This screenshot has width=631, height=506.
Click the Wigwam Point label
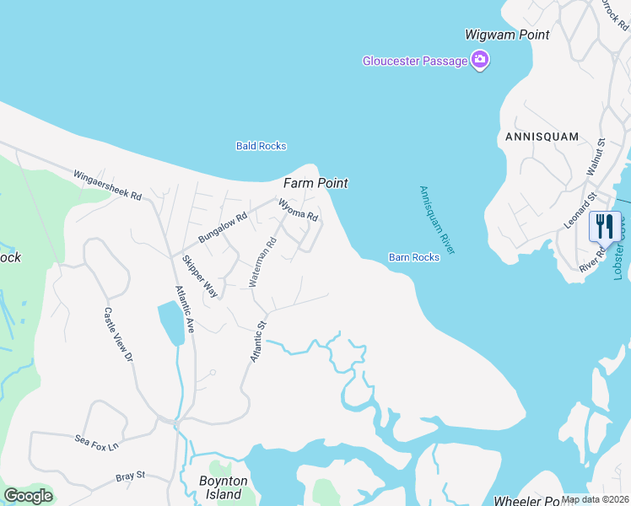coord(507,35)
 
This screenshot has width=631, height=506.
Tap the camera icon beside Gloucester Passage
coord(480,60)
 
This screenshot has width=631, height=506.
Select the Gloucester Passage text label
coord(416,61)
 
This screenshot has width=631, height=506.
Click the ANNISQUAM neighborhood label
coord(542,136)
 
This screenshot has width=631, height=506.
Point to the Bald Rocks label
coord(261,146)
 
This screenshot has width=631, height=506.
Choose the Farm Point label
coord(315,183)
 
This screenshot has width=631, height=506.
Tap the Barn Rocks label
coord(414,257)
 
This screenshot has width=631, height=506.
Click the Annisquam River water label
coord(437,220)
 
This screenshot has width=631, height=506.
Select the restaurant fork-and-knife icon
coord(604,226)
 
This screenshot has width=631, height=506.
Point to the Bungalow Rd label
coord(222,227)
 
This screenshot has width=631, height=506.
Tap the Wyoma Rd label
coord(298,209)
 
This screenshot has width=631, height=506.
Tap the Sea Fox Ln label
coord(97,440)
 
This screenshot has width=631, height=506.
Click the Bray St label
coord(131,477)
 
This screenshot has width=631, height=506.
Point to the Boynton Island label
coord(223,487)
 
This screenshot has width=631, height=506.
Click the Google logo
coord(28,496)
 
